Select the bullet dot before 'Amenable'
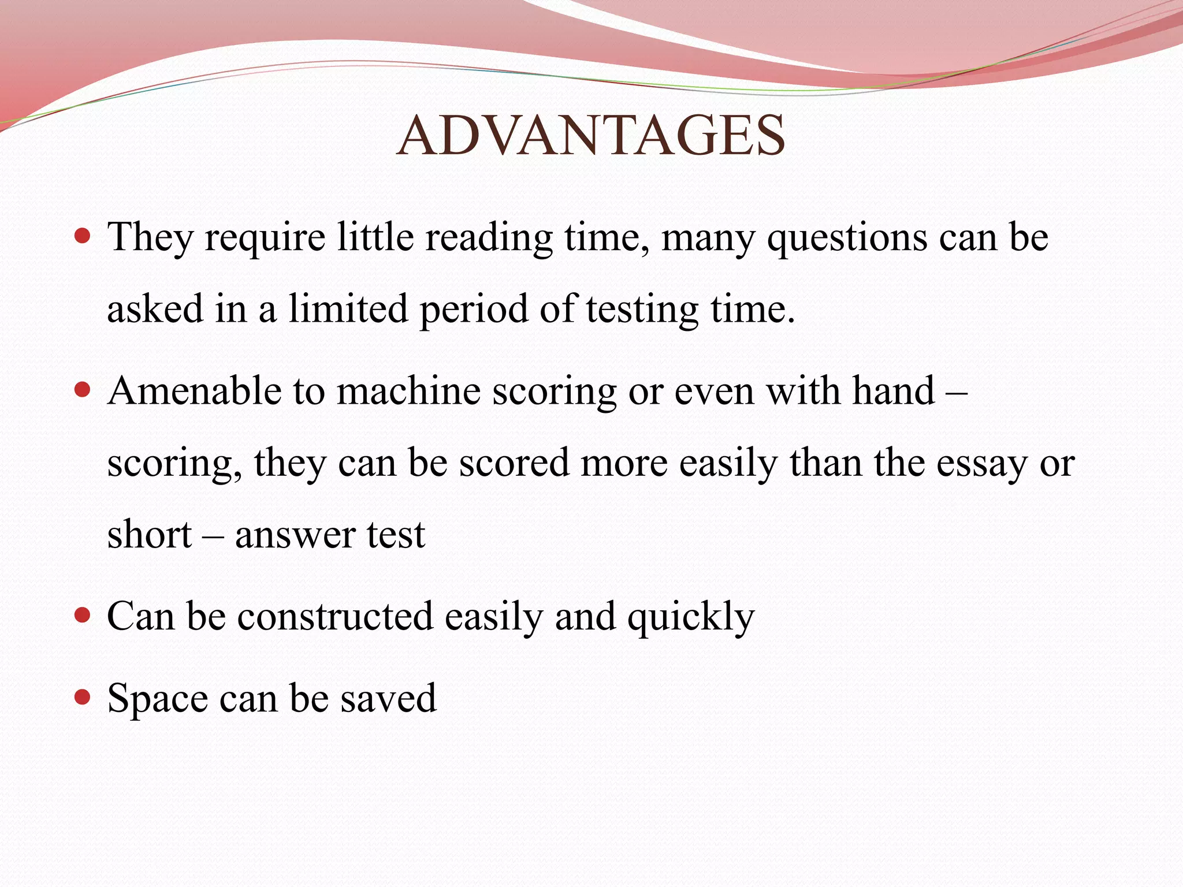pos(83,390)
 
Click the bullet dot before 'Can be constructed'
pos(83,615)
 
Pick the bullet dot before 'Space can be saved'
pos(83,697)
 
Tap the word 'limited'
pos(348,308)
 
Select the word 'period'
pos(474,310)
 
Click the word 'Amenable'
pos(194,391)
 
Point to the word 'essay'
pos(982,464)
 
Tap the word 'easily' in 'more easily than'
pos(728,464)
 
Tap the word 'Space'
pos(158,699)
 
